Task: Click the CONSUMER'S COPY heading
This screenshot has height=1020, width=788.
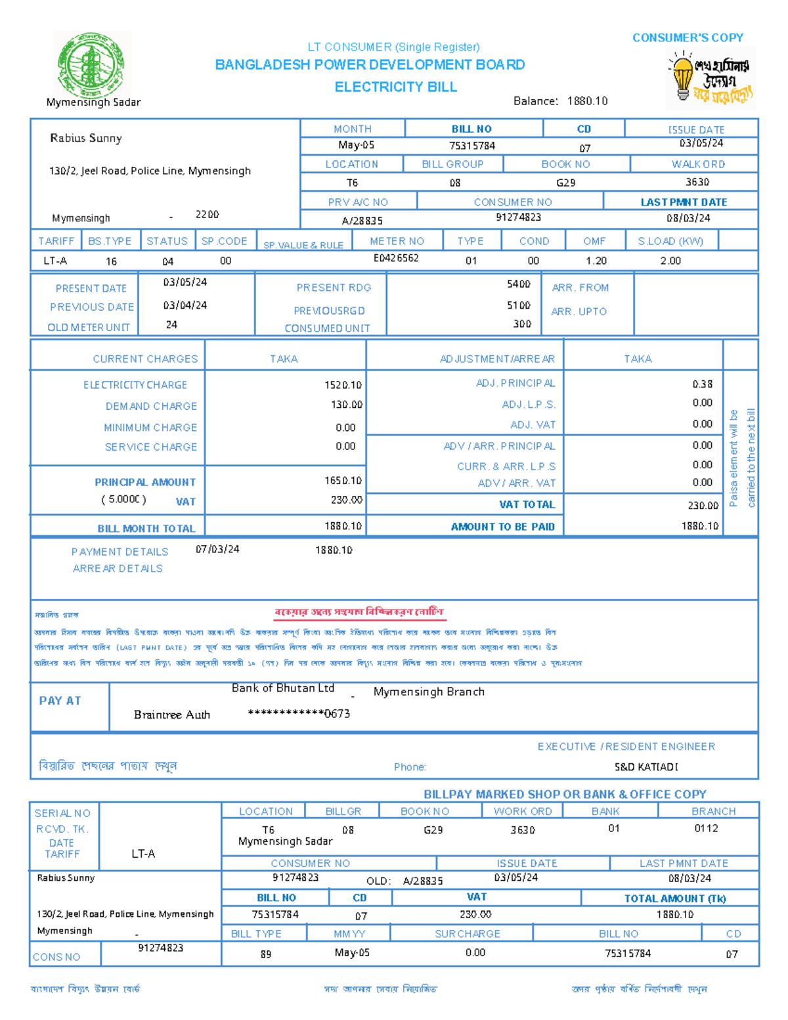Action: pos(688,38)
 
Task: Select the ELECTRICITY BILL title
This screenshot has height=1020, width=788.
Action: pos(395,87)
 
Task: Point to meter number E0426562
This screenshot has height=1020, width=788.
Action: pos(396,258)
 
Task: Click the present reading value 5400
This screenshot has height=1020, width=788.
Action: pos(518,284)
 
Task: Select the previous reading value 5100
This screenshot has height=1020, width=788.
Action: pos(518,305)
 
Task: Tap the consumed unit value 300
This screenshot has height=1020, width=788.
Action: pos(522,324)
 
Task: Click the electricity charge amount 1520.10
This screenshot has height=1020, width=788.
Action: pos(343,385)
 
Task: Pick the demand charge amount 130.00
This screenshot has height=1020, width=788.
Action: pos(346,405)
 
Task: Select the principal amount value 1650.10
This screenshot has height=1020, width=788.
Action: pos(343,481)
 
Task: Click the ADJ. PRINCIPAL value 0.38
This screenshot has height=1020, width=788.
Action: pos(702,384)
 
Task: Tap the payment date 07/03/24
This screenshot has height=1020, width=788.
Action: pos(217,549)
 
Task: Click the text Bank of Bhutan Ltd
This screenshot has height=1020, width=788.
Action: pos(283,688)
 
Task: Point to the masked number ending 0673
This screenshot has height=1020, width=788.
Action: pos(299,714)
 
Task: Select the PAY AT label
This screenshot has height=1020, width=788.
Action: pos(60,701)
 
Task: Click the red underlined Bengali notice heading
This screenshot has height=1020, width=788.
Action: pos(359,612)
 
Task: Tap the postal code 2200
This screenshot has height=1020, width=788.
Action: pos(207,215)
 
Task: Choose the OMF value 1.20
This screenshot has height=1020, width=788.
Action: pos(596,261)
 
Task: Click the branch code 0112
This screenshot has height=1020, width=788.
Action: pos(706,828)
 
